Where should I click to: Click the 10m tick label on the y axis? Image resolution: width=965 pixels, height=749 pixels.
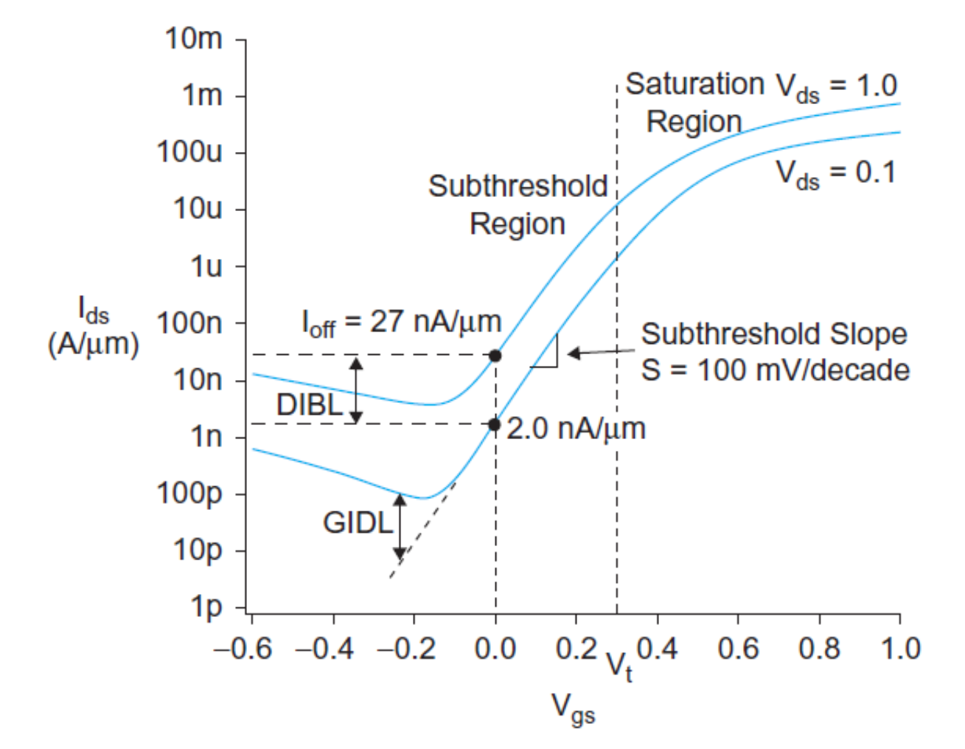click(x=193, y=38)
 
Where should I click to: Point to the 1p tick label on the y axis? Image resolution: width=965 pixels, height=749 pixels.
click(x=206, y=607)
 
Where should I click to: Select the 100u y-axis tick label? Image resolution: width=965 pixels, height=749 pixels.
click(x=189, y=152)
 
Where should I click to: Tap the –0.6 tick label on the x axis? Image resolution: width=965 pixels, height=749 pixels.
click(x=243, y=649)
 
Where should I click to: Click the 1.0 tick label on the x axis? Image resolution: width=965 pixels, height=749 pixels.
click(x=900, y=649)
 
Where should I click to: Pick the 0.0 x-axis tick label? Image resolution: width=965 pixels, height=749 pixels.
click(x=495, y=649)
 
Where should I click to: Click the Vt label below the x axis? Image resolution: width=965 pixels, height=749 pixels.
click(x=619, y=666)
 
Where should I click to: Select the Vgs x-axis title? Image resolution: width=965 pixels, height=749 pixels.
click(x=573, y=708)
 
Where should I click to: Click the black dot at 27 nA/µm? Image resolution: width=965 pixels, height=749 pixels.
click(x=495, y=356)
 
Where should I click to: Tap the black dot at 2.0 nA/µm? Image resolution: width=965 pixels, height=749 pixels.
click(x=495, y=424)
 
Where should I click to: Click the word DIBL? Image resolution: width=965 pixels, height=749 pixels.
click(x=310, y=405)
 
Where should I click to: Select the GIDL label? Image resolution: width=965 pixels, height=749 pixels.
click(x=358, y=522)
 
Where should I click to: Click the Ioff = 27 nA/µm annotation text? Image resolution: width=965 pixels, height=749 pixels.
click(x=402, y=322)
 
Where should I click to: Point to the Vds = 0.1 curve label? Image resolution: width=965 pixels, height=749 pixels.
click(x=835, y=173)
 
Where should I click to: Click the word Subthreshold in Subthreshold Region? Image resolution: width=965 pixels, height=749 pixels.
click(x=518, y=187)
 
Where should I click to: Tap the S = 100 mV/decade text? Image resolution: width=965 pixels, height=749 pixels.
click(x=775, y=370)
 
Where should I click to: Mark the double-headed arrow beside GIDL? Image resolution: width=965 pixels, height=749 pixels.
click(x=400, y=526)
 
